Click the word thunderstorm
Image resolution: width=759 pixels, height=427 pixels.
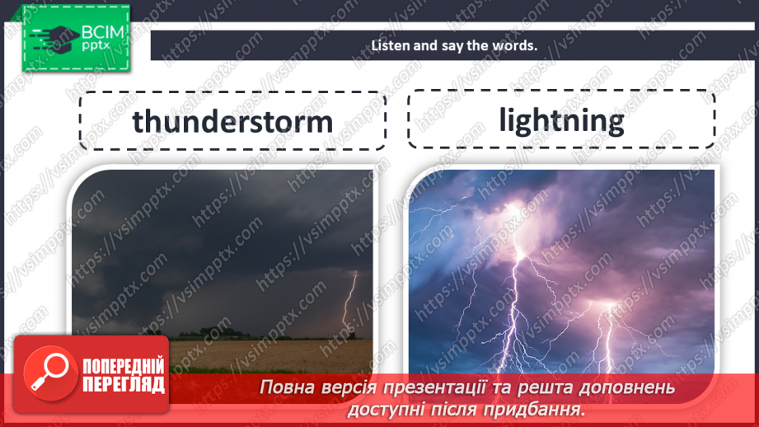pos(232,121)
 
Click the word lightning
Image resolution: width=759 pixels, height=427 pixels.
pos(561,120)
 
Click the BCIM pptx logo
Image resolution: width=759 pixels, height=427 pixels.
pos(77,37)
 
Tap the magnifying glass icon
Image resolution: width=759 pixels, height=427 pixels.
pos(47,372)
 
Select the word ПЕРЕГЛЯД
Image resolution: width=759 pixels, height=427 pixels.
pos(124,384)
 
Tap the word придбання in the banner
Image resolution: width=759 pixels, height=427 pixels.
pos(543,409)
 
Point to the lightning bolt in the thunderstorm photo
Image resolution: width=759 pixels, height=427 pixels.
pos(350,301)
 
